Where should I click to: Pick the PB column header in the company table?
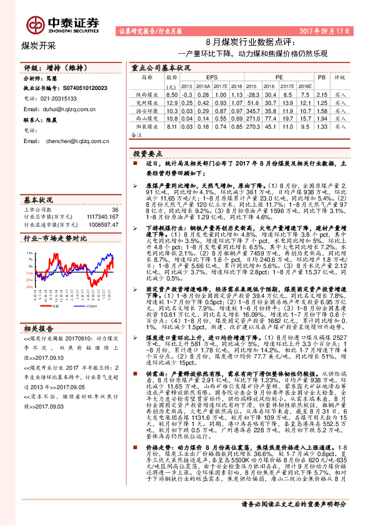322,76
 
